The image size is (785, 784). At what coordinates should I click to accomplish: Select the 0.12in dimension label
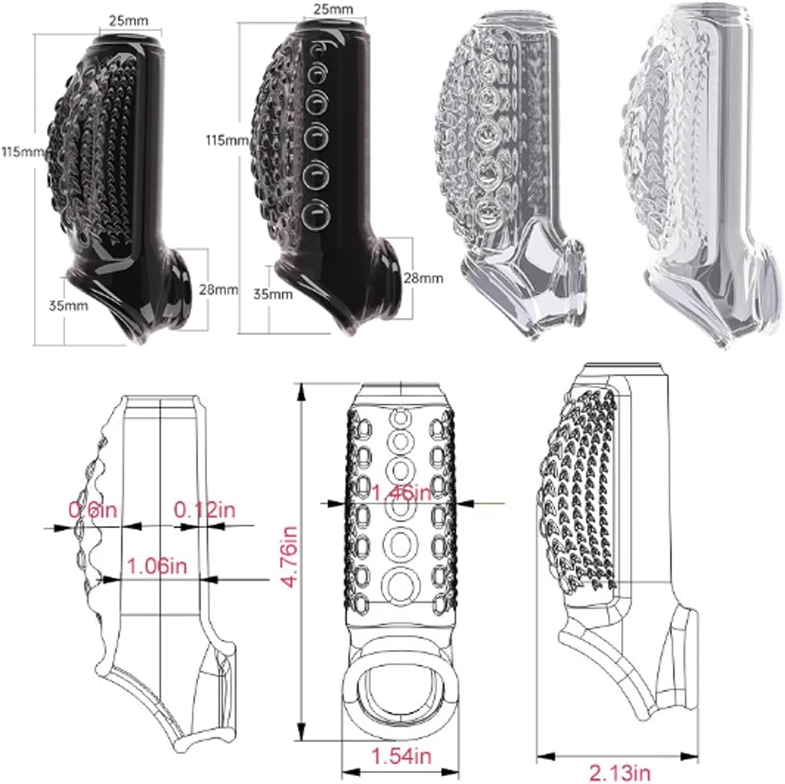(205, 510)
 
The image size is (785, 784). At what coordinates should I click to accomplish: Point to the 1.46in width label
(401, 493)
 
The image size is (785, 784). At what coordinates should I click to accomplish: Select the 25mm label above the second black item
(333, 10)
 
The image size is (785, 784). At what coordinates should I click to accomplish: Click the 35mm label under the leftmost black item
(69, 306)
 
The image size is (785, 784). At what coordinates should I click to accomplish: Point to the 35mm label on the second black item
(273, 294)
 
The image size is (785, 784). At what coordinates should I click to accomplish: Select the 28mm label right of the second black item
(423, 277)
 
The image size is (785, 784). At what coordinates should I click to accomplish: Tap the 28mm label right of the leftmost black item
(219, 289)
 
